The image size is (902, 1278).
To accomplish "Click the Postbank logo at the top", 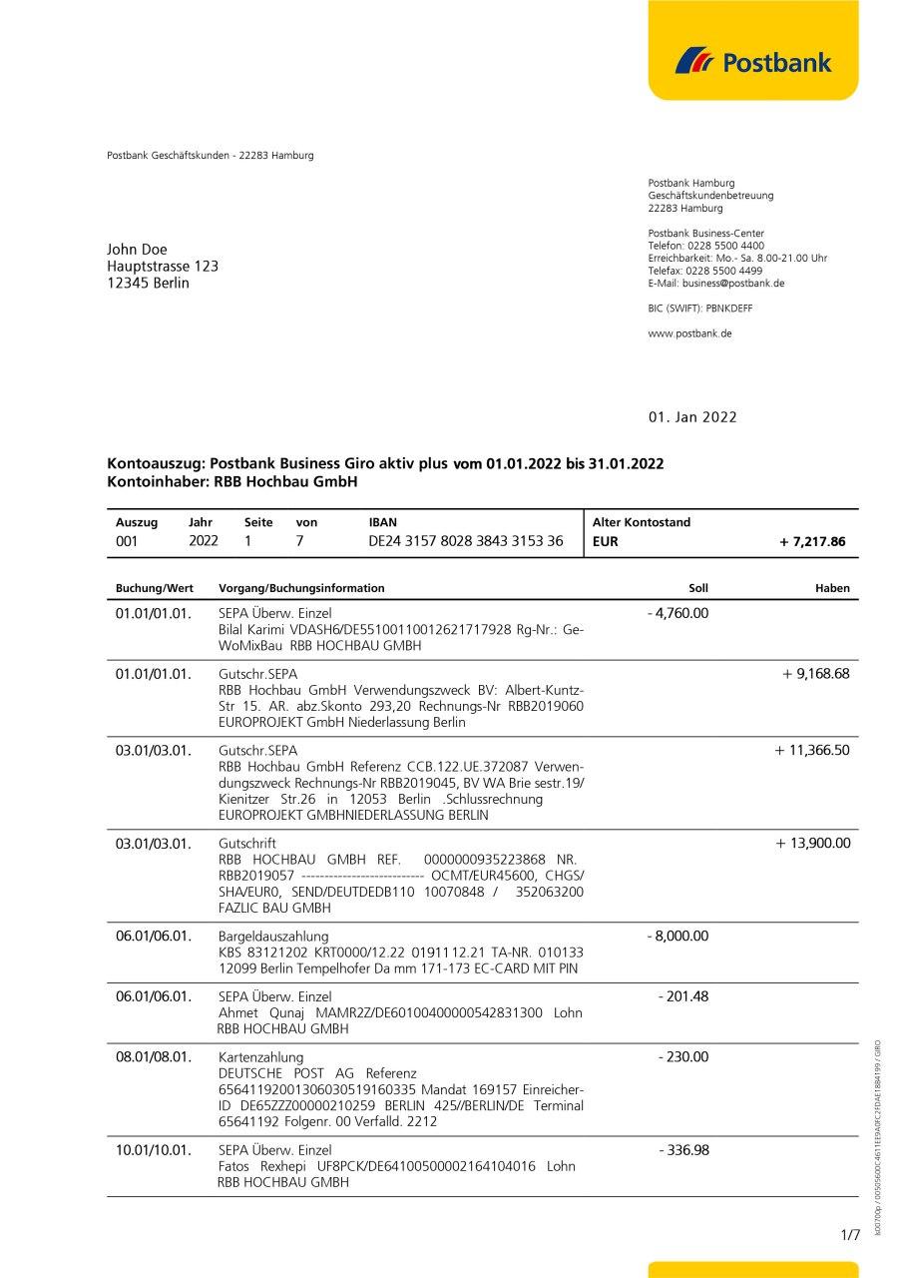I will click(753, 62).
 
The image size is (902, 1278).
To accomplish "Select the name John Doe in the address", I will click(138, 249).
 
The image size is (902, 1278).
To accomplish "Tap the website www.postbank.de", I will click(689, 333).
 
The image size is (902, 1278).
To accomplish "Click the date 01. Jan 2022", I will click(692, 417).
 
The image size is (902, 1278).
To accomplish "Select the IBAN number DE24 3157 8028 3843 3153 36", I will click(466, 541).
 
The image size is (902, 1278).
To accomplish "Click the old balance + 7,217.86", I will click(812, 542).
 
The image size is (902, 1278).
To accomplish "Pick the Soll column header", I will click(697, 588).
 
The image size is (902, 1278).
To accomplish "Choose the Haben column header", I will click(832, 588).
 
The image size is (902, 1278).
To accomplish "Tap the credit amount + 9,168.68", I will click(816, 673).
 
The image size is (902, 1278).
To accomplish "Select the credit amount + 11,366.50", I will click(812, 750).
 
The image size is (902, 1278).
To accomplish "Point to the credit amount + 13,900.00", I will click(813, 844).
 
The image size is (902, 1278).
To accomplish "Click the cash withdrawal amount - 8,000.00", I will click(677, 936).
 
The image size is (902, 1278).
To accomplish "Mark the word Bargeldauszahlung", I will click(272, 937).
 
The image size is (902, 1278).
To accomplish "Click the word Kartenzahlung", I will click(260, 1056).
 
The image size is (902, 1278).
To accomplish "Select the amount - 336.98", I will click(683, 1150).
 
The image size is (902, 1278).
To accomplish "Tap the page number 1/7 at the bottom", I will click(850, 1235).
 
